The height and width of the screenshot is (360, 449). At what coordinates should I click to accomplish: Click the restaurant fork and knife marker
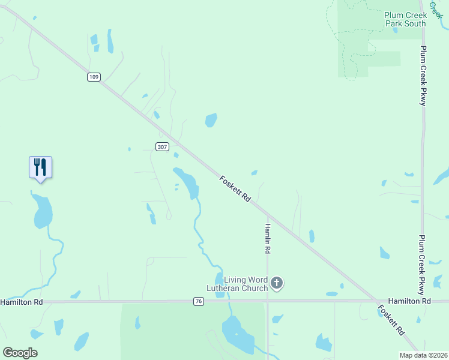[40, 166]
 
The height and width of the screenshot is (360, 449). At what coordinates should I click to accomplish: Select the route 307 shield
[161, 147]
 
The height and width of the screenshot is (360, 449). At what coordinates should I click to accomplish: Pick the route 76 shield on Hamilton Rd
[198, 302]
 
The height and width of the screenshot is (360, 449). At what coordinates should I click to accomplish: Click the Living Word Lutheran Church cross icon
[276, 283]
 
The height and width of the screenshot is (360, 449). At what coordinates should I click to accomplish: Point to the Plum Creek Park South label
[405, 19]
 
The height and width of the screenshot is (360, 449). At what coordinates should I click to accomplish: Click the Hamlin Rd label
[268, 238]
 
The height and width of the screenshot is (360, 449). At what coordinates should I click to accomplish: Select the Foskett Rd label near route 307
[235, 188]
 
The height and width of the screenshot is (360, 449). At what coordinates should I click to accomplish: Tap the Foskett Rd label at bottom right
[391, 319]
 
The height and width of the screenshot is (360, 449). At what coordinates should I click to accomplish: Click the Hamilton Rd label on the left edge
[22, 302]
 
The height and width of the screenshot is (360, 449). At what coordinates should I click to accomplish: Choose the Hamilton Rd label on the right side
[409, 301]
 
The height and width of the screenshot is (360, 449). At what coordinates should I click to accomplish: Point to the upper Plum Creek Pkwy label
[423, 76]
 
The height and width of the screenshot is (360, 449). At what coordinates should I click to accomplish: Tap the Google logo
[20, 352]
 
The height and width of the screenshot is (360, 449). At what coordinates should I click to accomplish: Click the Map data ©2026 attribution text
[423, 355]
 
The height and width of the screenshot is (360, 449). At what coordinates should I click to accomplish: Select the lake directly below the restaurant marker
[42, 211]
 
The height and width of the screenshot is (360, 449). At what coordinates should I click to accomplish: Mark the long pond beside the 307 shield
[187, 182]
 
